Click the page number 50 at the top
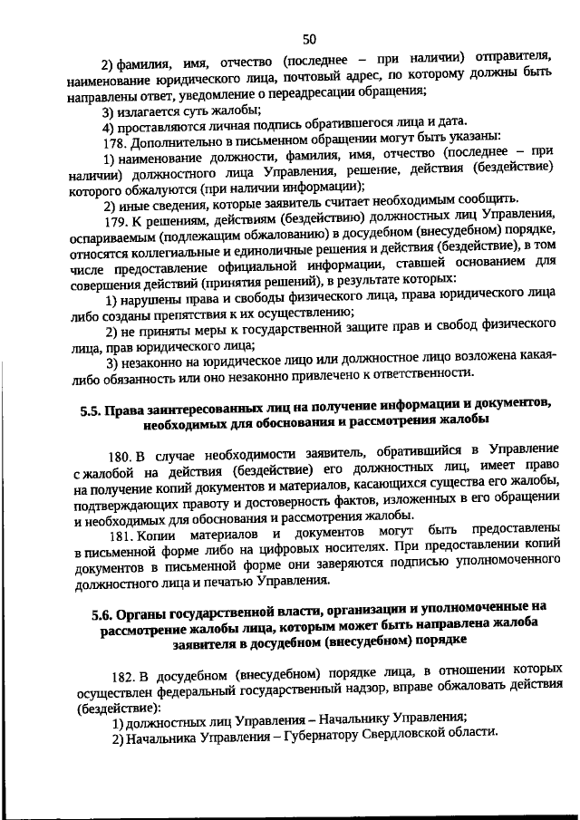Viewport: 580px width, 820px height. click(x=309, y=38)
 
